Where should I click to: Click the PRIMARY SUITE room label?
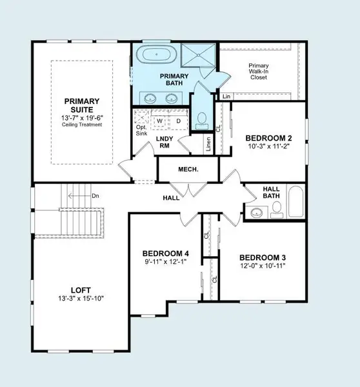point(81,107)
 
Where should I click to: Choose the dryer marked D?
point(178,120)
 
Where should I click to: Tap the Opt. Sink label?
point(141,131)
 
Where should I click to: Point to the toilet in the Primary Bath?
point(201,119)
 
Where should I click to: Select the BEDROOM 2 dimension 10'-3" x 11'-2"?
point(269,147)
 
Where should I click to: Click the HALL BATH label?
point(271,193)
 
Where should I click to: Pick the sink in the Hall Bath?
point(257,212)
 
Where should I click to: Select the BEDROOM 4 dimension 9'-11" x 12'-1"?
point(166,262)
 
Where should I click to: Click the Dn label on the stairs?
point(95,195)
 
